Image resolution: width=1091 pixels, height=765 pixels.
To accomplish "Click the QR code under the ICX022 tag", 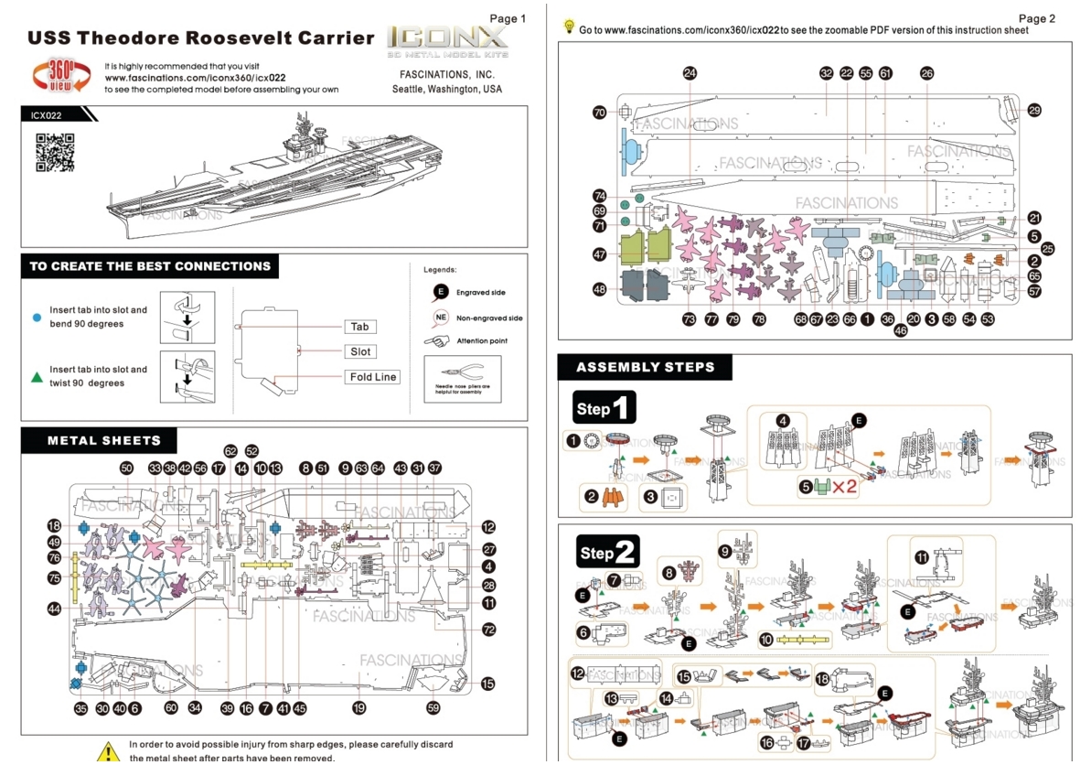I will tap(55, 153).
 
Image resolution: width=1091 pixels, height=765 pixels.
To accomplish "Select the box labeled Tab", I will tap(360, 327).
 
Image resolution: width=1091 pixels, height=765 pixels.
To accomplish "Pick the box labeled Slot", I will tap(360, 351).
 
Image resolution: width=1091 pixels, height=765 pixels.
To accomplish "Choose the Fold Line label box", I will tap(373, 377).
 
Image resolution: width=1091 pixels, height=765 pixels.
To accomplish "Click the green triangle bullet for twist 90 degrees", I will tap(37, 376).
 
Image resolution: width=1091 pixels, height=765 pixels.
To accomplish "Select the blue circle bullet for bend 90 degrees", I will tap(37, 317).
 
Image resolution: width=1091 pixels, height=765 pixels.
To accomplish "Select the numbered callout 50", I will tap(127, 468).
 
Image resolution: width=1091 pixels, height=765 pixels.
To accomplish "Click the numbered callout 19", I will tap(359, 707).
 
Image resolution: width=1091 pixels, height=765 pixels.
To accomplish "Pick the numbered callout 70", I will tap(600, 113).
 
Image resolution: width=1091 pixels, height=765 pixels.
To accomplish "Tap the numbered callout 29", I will tap(1034, 111).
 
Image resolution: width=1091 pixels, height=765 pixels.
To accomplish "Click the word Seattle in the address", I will tap(411, 90).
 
